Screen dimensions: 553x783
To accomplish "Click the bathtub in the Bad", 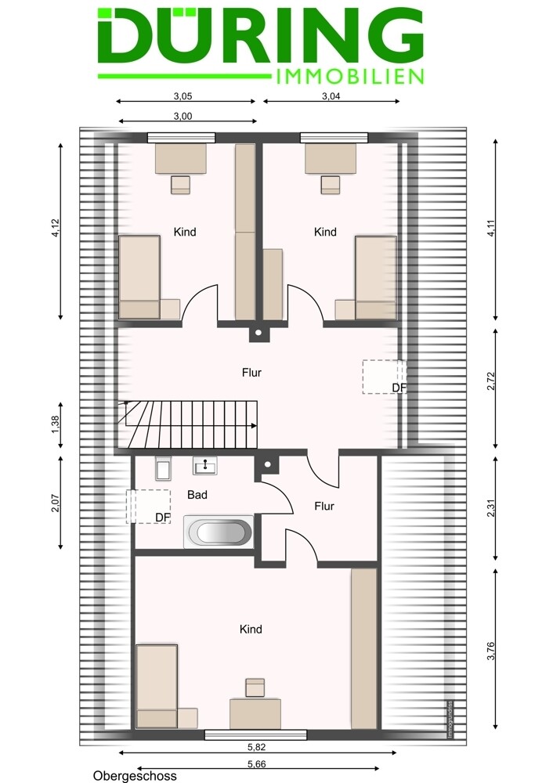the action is pos(219,532).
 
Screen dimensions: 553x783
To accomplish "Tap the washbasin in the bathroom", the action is pos(204,466).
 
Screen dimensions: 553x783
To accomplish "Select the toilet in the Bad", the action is pos(163,468).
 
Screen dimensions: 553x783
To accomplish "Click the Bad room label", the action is pos(197,495).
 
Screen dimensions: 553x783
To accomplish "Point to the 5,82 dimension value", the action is pos(257,747).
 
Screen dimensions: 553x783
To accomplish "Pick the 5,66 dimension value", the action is pos(257,764).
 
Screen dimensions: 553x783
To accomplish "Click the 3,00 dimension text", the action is pos(183,117).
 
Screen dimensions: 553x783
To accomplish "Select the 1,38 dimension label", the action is pos(56,425).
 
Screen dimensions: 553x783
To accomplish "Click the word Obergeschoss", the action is pos(135,776).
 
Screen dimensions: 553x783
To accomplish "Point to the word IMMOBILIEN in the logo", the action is pos(349,77).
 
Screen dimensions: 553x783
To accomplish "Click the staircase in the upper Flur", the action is pos(188,424).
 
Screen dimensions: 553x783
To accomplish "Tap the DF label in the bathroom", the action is pos(163,518).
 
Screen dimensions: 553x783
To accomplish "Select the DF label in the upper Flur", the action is pos(399,388).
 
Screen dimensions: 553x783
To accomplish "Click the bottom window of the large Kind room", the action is pos(256,734).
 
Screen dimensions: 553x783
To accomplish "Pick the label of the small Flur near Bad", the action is pos(324,507).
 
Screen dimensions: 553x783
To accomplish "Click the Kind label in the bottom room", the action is pos(251,630).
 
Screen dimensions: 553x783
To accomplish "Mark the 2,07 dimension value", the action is pos(56,503).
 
